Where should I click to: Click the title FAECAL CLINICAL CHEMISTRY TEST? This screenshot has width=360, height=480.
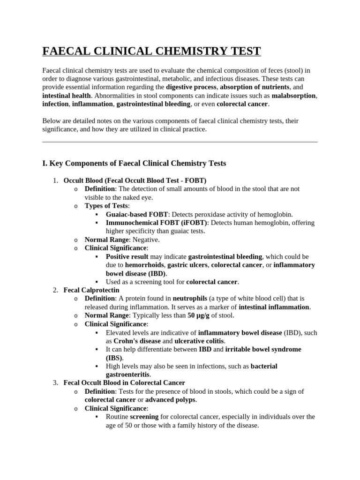(151, 51)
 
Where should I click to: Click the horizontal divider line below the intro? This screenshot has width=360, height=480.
(180, 142)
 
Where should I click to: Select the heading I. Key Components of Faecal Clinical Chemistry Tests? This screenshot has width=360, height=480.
(134, 163)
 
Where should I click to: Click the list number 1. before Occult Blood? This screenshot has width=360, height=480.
(55, 180)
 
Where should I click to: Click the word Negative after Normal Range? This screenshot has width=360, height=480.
(146, 240)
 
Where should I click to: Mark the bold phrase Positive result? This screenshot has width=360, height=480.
(127, 256)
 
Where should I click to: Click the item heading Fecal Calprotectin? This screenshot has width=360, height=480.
(91, 290)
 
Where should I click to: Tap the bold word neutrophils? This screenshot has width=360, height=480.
(190, 299)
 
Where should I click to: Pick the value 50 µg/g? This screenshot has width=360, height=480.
(198, 315)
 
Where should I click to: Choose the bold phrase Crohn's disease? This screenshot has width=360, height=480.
(137, 341)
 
